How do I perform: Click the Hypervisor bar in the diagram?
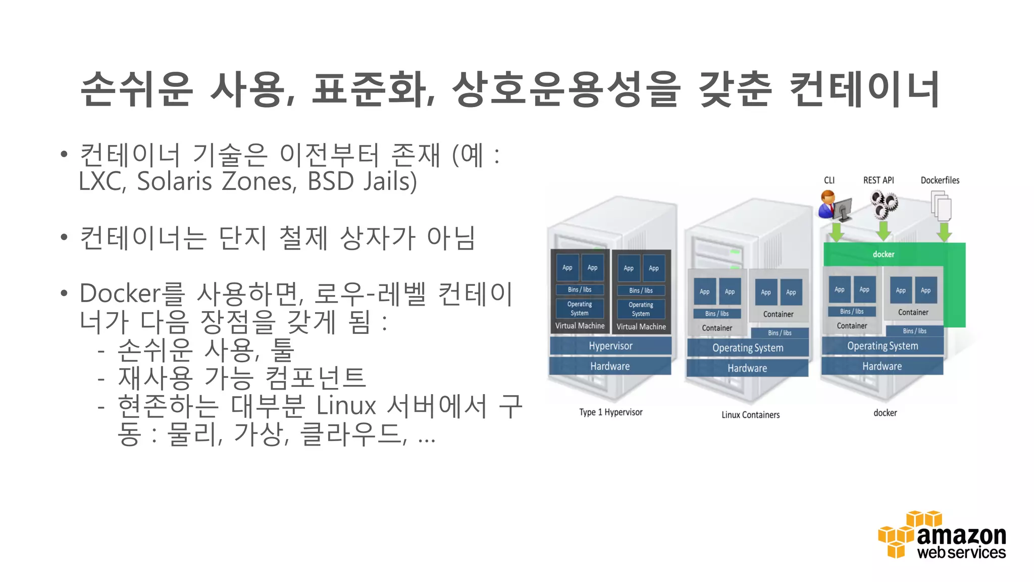[x=610, y=346]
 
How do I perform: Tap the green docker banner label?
[x=884, y=254]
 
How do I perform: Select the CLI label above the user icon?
[x=829, y=180]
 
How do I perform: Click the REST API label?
[x=878, y=180]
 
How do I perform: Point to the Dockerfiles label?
[x=940, y=180]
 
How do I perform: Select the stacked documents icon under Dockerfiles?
[x=941, y=206]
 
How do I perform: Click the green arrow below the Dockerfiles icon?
[x=944, y=232]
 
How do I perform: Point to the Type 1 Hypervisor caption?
[x=611, y=412]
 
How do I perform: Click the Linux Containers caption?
[x=750, y=415]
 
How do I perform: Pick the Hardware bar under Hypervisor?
[x=610, y=366]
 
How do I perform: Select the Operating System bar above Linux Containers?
[x=748, y=348]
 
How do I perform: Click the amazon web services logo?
[x=942, y=536]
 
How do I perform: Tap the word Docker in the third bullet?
[x=120, y=294]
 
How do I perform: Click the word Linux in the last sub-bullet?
[x=346, y=406]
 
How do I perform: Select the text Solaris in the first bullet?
[x=174, y=181]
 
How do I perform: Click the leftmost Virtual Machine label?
[x=580, y=326]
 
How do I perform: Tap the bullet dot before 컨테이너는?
[x=64, y=237]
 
